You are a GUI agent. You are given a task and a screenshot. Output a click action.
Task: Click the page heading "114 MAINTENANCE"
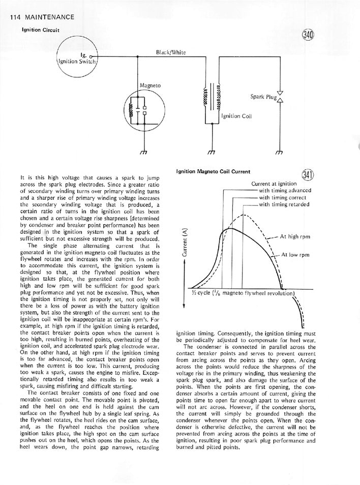tap(42, 17)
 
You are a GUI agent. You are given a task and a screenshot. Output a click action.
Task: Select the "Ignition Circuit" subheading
tap(41, 29)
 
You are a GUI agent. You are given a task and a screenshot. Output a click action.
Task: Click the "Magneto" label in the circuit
tap(149, 85)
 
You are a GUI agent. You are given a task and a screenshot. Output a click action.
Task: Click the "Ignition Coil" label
tap(236, 116)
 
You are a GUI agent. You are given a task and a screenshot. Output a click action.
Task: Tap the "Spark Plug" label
tap(263, 96)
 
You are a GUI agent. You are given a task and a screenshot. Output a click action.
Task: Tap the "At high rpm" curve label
tap(295, 236)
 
